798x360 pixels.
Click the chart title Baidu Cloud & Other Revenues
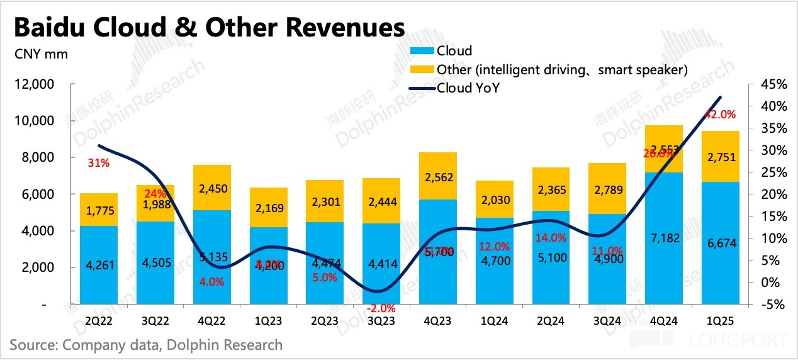click(208, 28)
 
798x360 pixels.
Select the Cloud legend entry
click(454, 51)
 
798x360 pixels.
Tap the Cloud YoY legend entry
click(468, 88)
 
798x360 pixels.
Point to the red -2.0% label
click(381, 308)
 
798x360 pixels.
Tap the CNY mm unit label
click(41, 53)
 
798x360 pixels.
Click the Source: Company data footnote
click(146, 345)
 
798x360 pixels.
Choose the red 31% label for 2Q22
click(99, 163)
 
